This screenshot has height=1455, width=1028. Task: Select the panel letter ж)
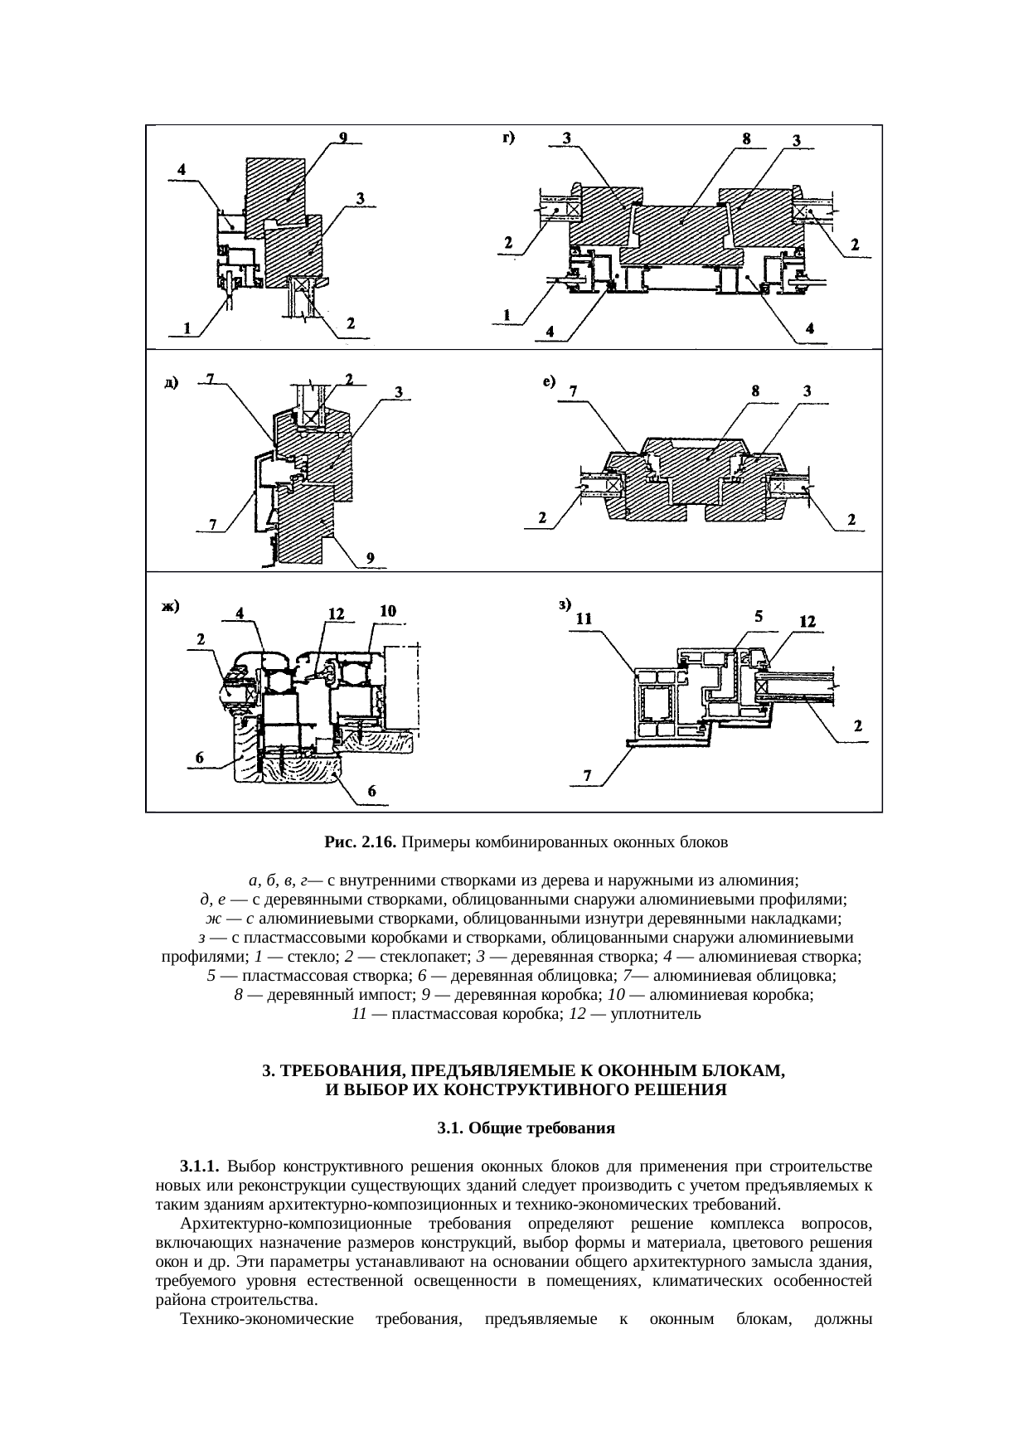(x=170, y=606)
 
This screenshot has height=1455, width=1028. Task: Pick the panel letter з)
(x=564, y=604)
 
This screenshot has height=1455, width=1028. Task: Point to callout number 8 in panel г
(x=746, y=139)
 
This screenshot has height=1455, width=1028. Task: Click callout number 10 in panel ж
(x=387, y=611)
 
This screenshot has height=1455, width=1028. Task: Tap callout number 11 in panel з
(x=584, y=618)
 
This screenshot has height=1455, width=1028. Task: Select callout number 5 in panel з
(x=759, y=616)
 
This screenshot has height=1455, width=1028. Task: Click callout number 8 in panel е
(x=755, y=390)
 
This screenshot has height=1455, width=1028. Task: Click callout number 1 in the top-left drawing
(x=188, y=327)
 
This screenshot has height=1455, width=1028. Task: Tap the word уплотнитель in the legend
(x=656, y=1013)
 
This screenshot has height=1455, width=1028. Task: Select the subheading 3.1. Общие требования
(x=526, y=1128)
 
